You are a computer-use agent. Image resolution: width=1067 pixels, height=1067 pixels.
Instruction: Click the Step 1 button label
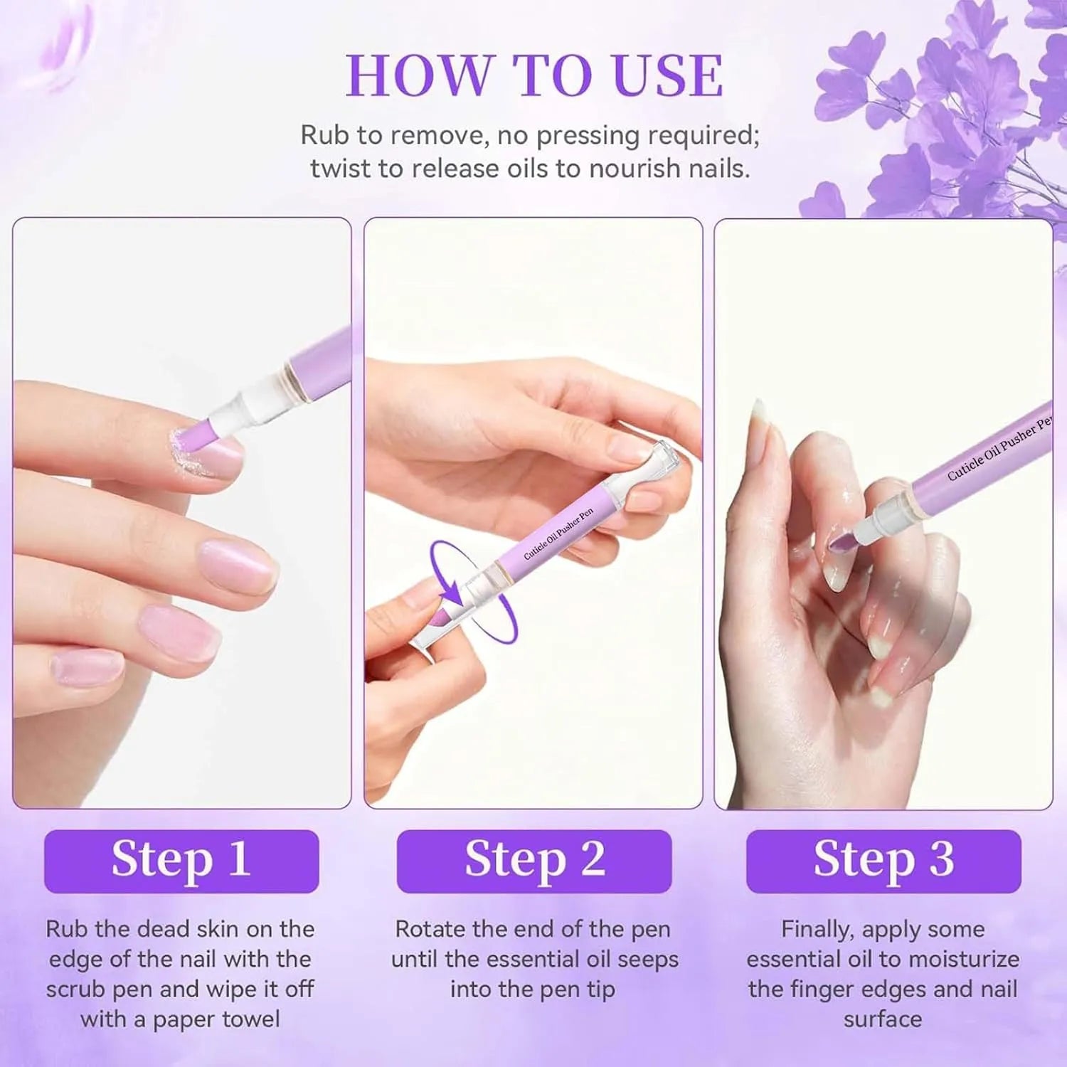pos(181,859)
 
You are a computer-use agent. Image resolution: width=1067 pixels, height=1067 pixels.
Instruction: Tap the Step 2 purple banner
pos(534,861)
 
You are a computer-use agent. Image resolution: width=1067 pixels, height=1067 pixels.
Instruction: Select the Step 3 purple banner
pos(883,861)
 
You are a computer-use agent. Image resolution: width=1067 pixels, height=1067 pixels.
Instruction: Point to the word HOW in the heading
pos(419,75)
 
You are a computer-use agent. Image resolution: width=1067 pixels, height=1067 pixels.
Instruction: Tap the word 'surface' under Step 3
pos(883,1019)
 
